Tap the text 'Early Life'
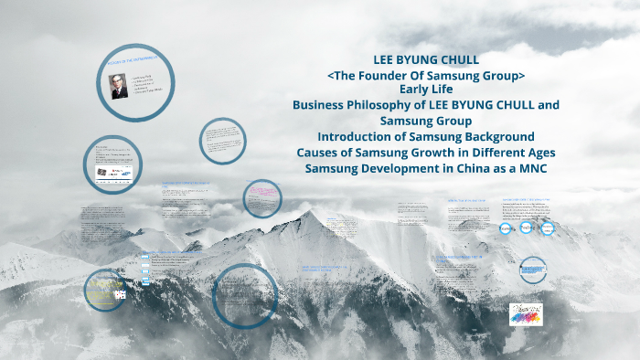(x=425, y=89)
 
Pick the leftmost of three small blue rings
(x=507, y=228)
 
